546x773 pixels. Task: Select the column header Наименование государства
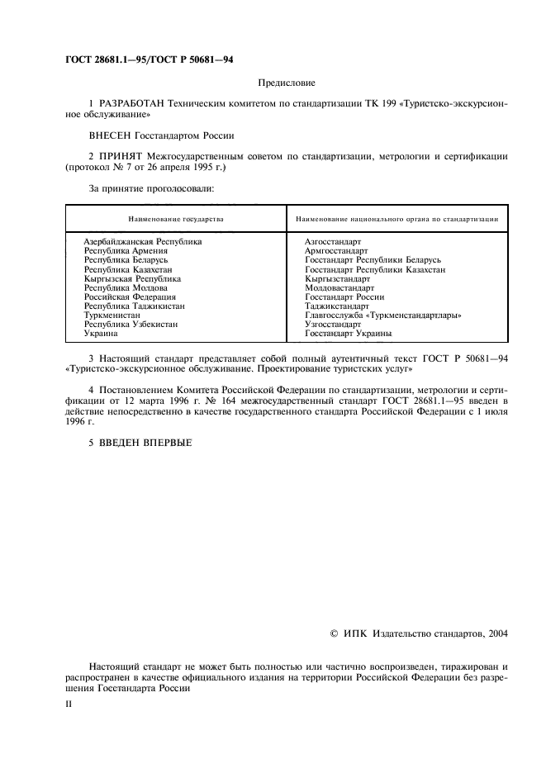(175, 220)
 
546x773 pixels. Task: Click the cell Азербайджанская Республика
(143, 241)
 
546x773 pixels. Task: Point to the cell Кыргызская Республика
(132, 278)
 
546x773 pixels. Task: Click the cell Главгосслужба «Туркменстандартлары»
(383, 315)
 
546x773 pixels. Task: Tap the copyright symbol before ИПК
(333, 633)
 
